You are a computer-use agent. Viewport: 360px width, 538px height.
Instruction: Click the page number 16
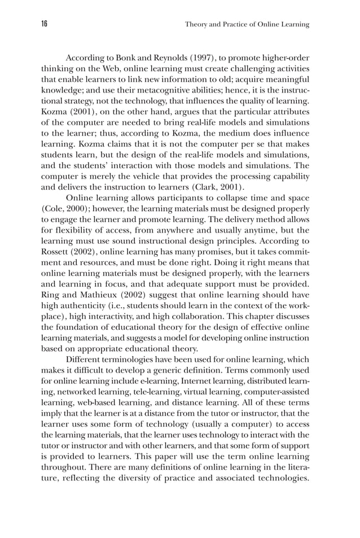[45, 24]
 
